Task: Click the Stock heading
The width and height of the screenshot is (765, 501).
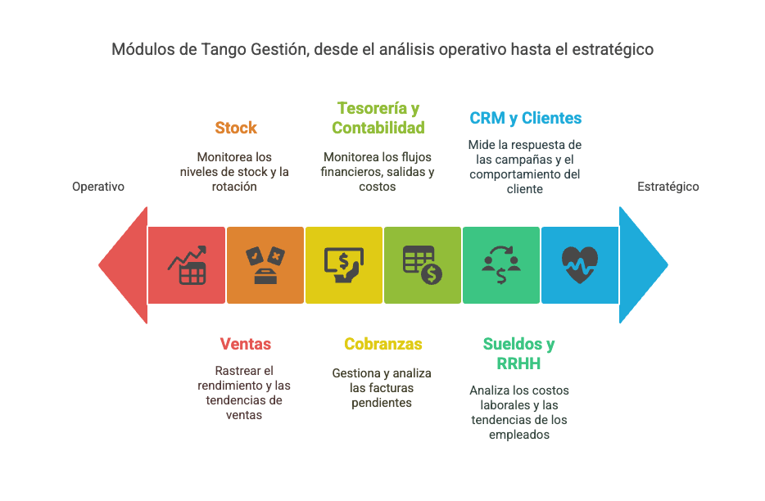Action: [x=236, y=128]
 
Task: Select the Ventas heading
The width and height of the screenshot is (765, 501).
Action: [x=245, y=344]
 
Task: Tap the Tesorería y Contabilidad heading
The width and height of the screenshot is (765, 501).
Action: [x=378, y=118]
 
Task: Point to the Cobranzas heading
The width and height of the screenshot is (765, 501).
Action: [x=382, y=344]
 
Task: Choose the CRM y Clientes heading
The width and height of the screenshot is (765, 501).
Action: [x=525, y=118]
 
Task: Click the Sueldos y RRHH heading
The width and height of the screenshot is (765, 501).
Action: [x=518, y=353]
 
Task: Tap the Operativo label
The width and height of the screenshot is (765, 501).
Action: [x=98, y=187]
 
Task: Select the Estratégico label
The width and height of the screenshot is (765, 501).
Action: [x=668, y=187]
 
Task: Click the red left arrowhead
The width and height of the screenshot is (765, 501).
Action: [x=123, y=264]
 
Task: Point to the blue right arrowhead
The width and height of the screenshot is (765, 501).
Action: [x=644, y=264]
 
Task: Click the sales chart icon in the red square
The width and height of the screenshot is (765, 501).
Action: [x=187, y=265]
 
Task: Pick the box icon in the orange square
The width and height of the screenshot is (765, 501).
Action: [x=265, y=265]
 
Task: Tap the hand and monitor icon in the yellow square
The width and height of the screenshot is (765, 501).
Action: [x=344, y=265]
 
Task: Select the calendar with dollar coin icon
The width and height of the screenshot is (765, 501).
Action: [x=423, y=265]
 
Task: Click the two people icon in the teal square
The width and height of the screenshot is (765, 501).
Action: [x=501, y=265]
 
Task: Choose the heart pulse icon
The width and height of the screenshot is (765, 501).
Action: [x=580, y=265]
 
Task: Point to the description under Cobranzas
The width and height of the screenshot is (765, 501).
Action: [x=382, y=387]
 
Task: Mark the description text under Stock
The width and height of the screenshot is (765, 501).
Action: [x=236, y=171]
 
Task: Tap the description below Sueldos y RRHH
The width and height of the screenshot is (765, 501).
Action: [x=519, y=413]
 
